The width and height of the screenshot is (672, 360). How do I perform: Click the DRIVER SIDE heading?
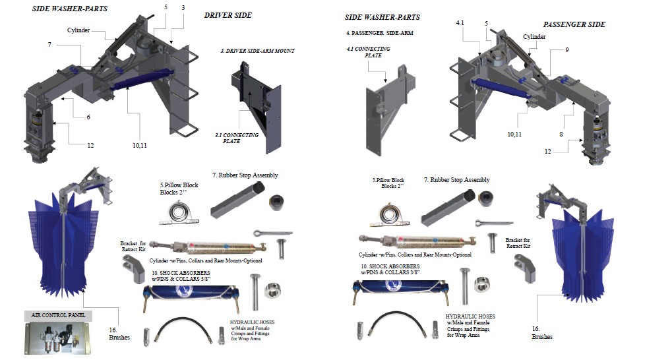coord(228,15)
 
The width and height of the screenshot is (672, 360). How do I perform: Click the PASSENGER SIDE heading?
coord(574,24)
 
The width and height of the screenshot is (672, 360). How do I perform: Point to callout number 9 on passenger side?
coord(566,49)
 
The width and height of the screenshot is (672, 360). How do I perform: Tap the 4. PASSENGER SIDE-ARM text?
coord(379,32)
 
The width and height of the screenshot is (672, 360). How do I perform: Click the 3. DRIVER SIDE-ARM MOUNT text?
coord(257,51)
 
